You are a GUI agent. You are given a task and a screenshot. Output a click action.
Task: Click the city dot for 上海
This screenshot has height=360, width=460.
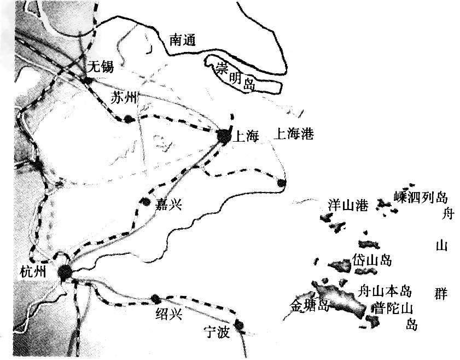coord(224,135)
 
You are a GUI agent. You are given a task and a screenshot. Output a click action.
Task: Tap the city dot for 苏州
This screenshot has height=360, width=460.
coord(129,119)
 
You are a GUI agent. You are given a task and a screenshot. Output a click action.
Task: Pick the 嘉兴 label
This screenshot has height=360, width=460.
coord(168,205)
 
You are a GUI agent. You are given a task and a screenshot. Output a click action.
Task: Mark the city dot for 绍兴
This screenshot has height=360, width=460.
coord(155,299)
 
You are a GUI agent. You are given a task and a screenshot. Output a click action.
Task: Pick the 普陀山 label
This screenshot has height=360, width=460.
coord(392,308)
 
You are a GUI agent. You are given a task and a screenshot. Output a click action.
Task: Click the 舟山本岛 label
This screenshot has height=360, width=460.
coord(384,290)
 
